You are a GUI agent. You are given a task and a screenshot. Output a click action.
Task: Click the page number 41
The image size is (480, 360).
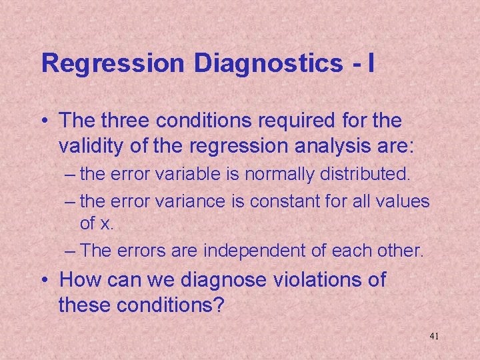coord(434,336)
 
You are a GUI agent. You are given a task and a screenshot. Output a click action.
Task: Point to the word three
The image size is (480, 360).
coord(126,121)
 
